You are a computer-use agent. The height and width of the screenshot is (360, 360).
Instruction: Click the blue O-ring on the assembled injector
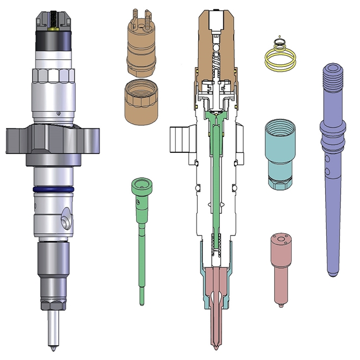click(53, 189)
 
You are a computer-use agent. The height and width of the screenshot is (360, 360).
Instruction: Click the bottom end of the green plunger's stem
click(142, 299)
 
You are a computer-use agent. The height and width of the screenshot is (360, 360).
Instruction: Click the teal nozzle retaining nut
click(281, 152)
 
